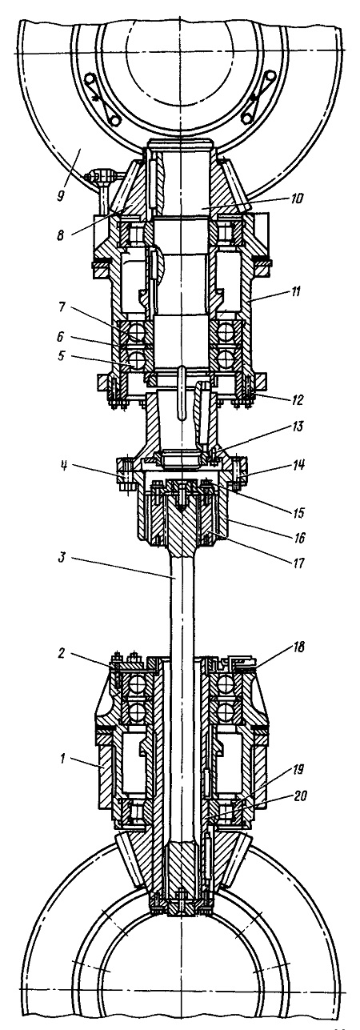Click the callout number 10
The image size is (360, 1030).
pyautogui.click(x=297, y=198)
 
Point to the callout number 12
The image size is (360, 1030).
pyautogui.click(x=297, y=400)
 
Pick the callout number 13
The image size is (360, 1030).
pyautogui.click(x=298, y=427)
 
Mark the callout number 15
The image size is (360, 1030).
pyautogui.click(x=298, y=512)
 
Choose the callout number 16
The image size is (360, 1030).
pyautogui.click(x=299, y=537)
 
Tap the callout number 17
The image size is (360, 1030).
pyautogui.click(x=298, y=562)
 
